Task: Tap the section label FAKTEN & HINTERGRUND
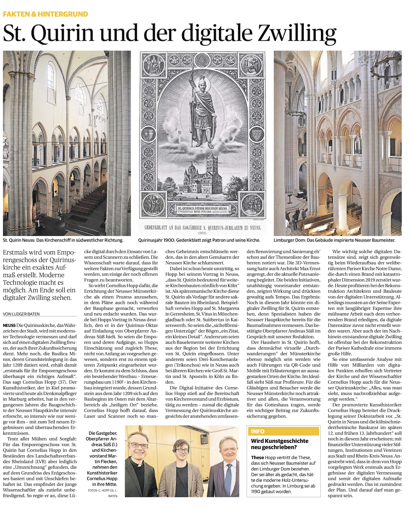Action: click(45, 14)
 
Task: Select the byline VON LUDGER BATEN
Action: click(21, 314)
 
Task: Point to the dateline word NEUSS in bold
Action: click(9, 325)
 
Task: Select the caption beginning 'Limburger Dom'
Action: click(335, 240)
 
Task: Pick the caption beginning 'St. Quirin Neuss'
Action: click(63, 240)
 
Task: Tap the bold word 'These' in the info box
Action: click(257, 457)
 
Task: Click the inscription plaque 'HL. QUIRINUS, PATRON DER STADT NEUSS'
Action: click(202, 208)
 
